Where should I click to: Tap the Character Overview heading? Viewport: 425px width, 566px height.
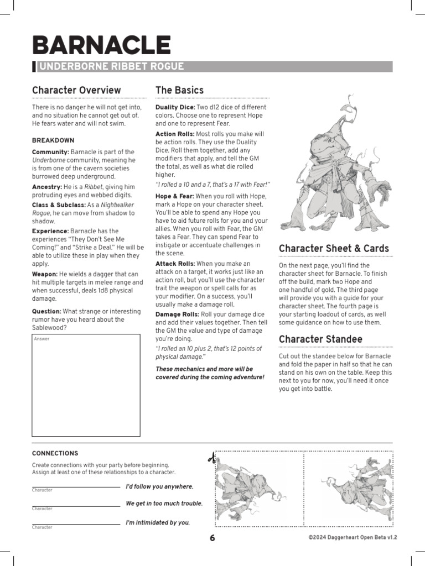click(76, 90)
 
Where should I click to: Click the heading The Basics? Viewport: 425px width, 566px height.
click(179, 90)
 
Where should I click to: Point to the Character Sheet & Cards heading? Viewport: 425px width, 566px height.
click(334, 248)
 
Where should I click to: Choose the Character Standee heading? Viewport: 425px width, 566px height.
click(320, 339)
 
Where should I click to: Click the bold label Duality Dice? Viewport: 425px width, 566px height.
click(175, 107)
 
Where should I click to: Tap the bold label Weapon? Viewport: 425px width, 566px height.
click(45, 274)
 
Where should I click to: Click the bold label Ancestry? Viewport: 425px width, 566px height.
click(46, 187)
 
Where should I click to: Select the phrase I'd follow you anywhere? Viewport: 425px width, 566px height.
click(159, 486)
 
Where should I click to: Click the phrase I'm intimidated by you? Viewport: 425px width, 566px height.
click(158, 522)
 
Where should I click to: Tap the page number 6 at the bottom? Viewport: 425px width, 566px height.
click(212, 539)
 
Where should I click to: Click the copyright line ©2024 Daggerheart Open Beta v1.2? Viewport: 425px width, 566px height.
click(353, 537)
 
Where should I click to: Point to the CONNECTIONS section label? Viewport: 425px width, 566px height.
click(55, 453)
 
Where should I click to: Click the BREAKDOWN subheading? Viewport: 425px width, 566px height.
click(53, 140)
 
